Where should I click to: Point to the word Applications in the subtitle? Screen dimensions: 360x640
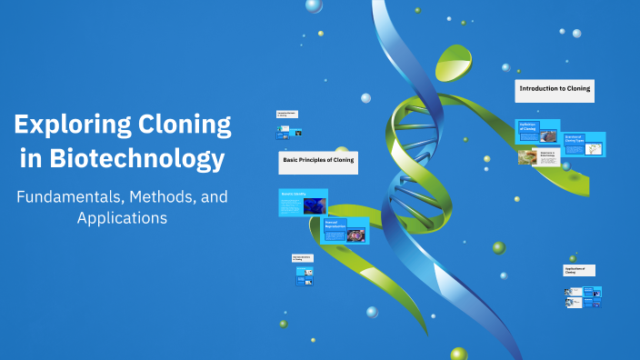123,218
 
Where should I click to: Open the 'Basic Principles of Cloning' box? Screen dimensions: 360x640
317,162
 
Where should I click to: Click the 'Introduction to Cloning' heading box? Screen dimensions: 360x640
555,89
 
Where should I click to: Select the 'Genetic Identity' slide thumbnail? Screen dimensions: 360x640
303,202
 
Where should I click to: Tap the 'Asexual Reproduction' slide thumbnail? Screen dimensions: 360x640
345,231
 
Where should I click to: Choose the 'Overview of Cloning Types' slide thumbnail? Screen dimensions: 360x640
584,144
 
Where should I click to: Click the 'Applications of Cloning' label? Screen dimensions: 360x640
578,270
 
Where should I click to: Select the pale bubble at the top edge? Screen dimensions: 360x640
314,5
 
